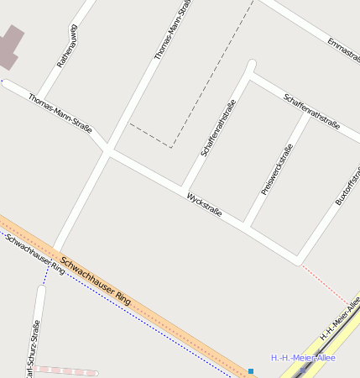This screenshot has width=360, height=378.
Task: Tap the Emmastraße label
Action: tap(342, 51)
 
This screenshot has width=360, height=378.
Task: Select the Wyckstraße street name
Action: tap(205, 205)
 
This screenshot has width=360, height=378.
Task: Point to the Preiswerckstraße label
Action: tap(276, 170)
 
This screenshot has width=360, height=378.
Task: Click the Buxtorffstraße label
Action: tap(346, 186)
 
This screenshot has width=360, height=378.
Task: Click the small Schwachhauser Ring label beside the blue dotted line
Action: tap(35, 255)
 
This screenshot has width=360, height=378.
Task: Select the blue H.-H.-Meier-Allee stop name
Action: tap(302, 358)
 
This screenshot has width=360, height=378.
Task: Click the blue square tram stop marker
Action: tap(250, 370)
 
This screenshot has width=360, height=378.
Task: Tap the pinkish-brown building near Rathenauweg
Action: tap(9, 47)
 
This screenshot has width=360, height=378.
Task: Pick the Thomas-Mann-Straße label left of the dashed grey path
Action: tap(169, 31)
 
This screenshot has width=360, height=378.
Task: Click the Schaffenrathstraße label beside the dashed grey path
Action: tap(218, 128)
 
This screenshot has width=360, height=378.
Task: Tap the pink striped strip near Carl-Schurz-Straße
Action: tap(67, 370)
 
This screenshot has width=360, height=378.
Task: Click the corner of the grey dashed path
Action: tap(171, 148)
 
